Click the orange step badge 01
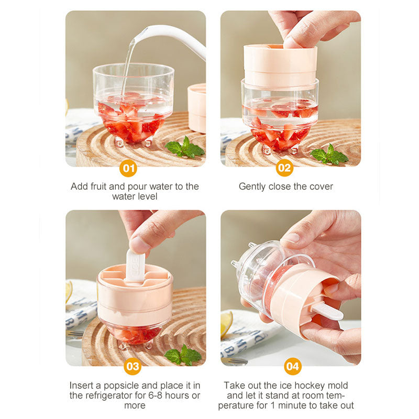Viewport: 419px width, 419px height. click(128, 168)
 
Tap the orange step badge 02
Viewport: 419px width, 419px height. click(284, 168)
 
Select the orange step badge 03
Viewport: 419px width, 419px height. click(133, 366)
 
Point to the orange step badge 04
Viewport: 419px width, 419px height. click(293, 366)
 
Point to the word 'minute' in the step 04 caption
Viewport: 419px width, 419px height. click(291, 405)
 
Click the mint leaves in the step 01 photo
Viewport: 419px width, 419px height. click(185, 148)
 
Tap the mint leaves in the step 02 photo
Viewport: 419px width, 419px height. click(329, 155)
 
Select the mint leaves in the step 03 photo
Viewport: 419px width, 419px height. click(183, 355)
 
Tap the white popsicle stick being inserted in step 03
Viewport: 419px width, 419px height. click(136, 266)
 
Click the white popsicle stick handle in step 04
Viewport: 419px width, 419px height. click(327, 312)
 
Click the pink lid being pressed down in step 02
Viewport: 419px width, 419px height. click(280, 65)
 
